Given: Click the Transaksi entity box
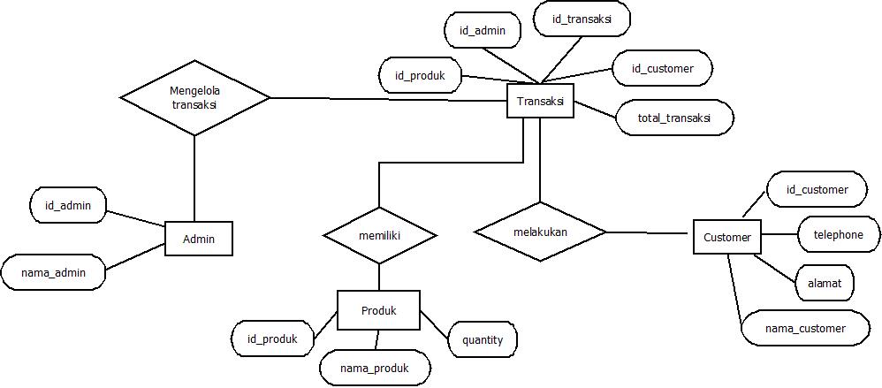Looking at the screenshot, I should coord(540,102).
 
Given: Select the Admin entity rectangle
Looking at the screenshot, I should coord(199,239).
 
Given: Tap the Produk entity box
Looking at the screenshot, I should coord(378,310).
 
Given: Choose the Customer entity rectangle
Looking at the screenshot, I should coord(726,237).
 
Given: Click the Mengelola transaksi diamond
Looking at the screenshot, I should coord(194,97).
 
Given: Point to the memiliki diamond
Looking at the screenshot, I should coord(380,236).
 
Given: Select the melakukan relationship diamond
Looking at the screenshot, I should coord(540,232).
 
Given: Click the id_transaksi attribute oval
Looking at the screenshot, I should coord(582,19).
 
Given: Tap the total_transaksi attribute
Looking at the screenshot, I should coord(674,118).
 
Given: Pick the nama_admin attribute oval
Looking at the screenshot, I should coord(54,272).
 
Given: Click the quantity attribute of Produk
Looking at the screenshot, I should coord(483,339).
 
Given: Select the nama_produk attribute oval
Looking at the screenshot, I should coord(375,368).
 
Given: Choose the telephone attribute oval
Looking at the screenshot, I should coord(838,235).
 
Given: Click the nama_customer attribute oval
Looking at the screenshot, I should coord(804,328).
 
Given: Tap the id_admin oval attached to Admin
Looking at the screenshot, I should coord(68,206).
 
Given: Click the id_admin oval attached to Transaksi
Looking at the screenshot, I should coord(483,31).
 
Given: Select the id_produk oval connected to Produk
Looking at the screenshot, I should coord(272,338).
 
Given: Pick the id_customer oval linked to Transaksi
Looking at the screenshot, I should coord(662,68).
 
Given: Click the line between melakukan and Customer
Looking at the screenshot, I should coord(648,233).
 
